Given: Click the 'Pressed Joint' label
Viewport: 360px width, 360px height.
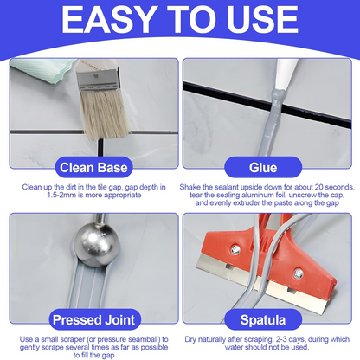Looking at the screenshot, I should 90,318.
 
